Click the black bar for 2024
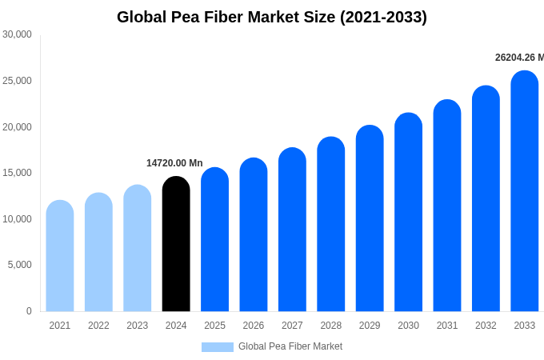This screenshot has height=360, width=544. click(176, 244)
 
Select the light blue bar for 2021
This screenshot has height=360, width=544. click(60, 256)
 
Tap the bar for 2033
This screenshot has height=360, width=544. click(525, 192)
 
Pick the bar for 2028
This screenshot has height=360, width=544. click(331, 224)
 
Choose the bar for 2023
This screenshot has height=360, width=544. click(138, 248)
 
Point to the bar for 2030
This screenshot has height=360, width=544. click(408, 212)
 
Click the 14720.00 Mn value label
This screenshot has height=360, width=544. click(174, 163)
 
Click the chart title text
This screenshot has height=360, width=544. click(272, 17)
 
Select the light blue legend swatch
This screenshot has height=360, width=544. click(217, 347)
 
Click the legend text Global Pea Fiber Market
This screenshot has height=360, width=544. click(290, 346)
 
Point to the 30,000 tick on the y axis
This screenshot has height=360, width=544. click(17, 34)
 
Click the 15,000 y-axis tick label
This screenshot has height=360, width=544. click(17, 173)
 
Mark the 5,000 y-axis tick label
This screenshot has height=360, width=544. click(19, 265)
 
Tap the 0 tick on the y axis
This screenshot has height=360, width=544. click(29, 311)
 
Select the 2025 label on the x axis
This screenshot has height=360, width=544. click(214, 326)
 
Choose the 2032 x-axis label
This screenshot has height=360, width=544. click(486, 326)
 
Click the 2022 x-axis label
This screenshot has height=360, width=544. click(98, 326)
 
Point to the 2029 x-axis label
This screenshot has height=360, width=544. click(370, 326)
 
